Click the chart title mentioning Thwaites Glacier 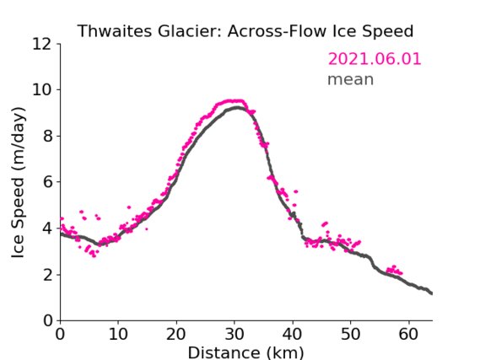pyautogui.click(x=245, y=31)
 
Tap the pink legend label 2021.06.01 pyautogui.click(x=375, y=59)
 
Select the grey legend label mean pyautogui.click(x=351, y=79)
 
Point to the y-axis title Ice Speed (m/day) pyautogui.click(x=18, y=182)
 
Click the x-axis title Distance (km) pyautogui.click(x=245, y=352)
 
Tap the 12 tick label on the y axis pyautogui.click(x=42, y=45)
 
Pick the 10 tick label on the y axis pyautogui.click(x=42, y=90)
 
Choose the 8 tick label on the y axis pyautogui.click(x=48, y=136)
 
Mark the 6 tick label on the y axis pyautogui.click(x=48, y=182)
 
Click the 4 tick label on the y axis pyautogui.click(x=48, y=228)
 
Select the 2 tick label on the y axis pyautogui.click(x=48, y=275)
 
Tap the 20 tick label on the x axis pyautogui.click(x=176, y=334)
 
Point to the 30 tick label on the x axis pyautogui.click(x=235, y=334)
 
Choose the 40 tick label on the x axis pyautogui.click(x=293, y=334)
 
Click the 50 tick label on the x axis pyautogui.click(x=350, y=334)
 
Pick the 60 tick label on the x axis pyautogui.click(x=408, y=334)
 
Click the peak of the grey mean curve pyautogui.click(x=237, y=108)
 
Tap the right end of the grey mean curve pyautogui.click(x=432, y=293)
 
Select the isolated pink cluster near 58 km pyautogui.click(x=394, y=270)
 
